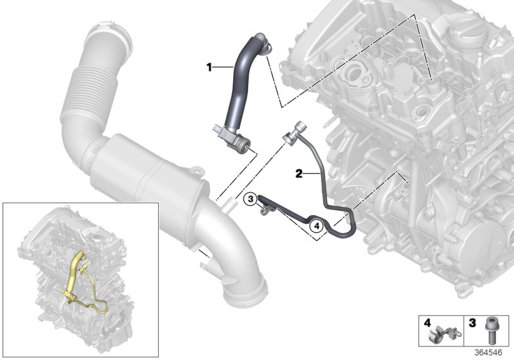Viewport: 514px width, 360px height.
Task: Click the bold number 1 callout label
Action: (209, 68)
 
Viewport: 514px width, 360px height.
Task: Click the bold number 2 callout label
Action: (299, 174)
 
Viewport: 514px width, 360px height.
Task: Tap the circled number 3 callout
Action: (251, 199)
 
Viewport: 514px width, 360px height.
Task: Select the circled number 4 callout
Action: (316, 225)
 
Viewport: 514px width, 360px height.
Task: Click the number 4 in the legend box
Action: (427, 323)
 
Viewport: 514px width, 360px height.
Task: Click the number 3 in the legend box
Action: (472, 323)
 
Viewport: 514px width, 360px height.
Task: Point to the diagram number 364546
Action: (488, 353)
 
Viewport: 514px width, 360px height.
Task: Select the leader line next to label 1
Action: (222, 67)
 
